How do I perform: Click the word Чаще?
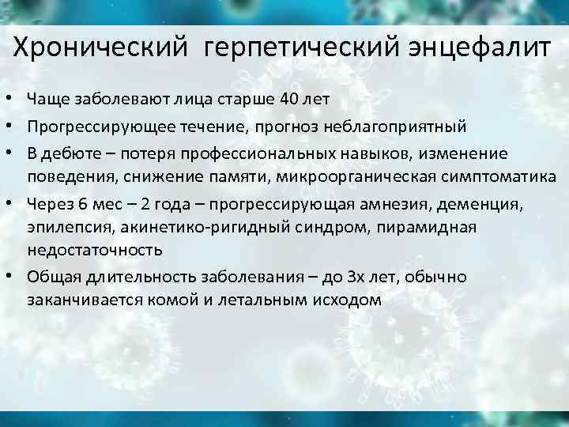pos(47,99)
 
